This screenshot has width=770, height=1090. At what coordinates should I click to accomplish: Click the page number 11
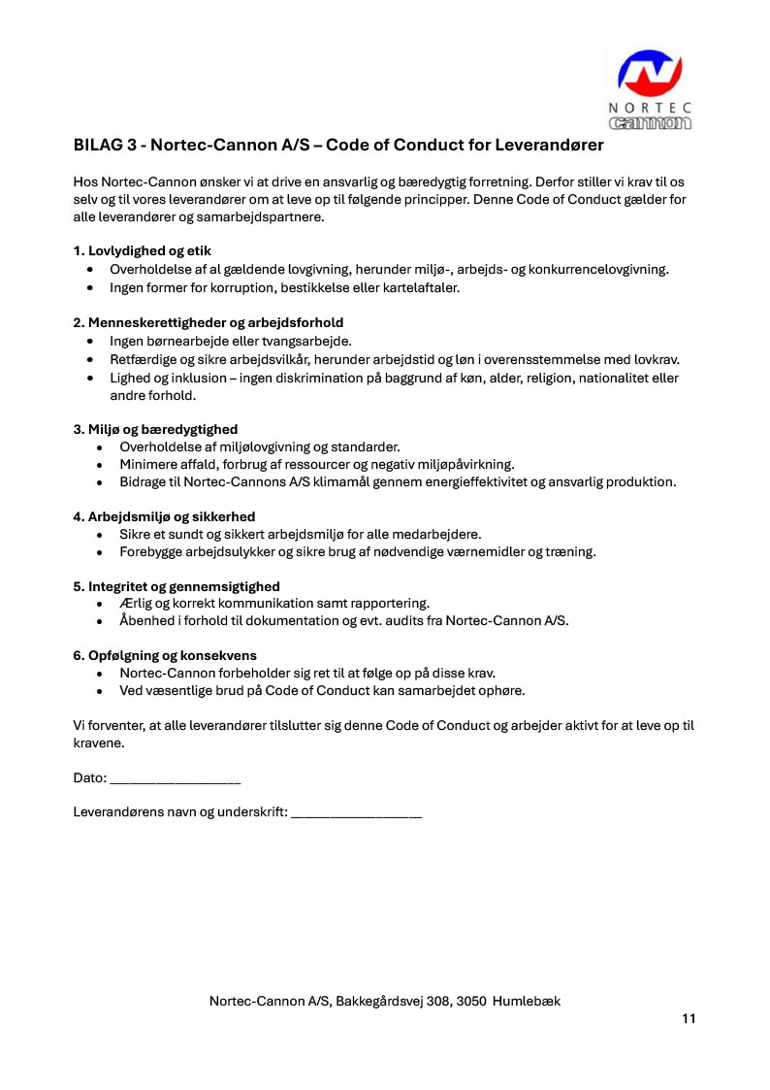[689, 1018]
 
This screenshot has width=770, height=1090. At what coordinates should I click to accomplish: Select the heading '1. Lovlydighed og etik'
[143, 250]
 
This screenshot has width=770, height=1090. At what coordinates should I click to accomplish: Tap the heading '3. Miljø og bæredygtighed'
[155, 429]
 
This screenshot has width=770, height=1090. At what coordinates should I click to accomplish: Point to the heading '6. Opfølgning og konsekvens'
[165, 655]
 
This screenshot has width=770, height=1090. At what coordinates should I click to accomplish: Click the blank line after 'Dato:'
[176, 778]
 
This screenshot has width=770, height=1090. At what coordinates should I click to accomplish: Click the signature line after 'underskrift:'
[356, 812]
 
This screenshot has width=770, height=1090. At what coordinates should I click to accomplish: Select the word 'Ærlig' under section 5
[137, 603]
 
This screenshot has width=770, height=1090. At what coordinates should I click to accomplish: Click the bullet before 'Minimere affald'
[101, 465]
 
